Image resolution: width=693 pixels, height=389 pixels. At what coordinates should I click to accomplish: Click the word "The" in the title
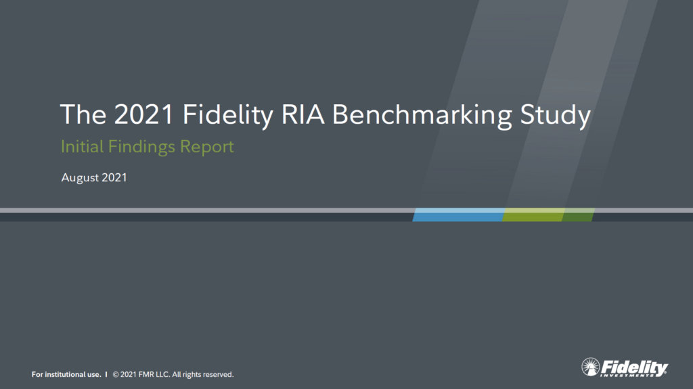83,114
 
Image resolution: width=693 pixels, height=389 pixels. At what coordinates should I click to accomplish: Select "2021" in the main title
143,114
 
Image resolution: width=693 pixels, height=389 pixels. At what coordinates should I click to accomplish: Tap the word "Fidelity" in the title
228,116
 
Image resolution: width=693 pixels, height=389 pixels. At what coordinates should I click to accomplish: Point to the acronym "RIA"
303,114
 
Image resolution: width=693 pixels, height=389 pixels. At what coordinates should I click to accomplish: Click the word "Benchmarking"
422,116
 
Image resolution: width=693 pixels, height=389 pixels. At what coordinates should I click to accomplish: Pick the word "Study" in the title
555,116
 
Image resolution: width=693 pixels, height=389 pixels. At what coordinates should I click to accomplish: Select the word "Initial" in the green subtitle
82,146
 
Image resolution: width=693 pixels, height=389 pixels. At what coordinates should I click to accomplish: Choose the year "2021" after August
114,177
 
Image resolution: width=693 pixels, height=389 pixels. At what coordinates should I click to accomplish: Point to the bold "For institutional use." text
66,374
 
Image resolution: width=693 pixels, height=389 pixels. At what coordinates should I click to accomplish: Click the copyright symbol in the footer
116,374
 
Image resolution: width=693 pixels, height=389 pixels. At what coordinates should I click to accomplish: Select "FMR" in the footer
146,374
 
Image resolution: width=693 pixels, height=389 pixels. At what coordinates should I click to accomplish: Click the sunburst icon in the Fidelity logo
590,367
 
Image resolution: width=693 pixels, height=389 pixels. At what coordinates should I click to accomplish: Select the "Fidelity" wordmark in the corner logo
634,367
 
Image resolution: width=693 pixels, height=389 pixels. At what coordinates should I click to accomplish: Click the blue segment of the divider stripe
459,215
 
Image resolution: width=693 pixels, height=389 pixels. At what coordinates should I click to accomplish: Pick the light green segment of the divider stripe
533,215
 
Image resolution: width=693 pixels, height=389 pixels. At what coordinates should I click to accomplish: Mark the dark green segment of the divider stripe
578,215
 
